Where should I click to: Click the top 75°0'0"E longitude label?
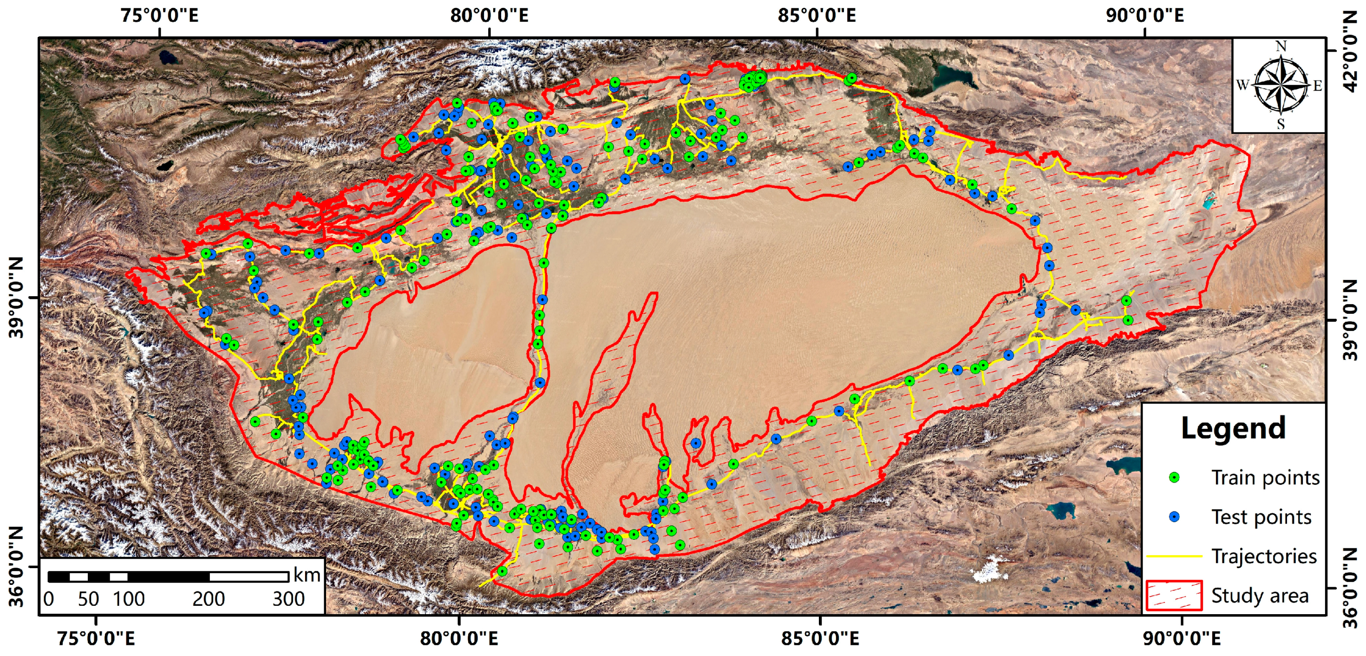tap(159, 15)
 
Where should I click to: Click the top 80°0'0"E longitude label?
tap(489, 15)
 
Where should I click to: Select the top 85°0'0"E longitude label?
tap(817, 15)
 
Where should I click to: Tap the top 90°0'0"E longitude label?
tap(1144, 15)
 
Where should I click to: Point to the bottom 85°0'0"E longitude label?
tap(820, 638)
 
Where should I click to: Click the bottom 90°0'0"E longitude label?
tap(1182, 638)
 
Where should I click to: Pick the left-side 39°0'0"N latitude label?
tap(17, 297)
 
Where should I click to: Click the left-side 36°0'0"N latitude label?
tap(17, 566)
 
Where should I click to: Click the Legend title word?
tap(1233, 428)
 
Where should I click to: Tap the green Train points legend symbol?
tap(1174, 477)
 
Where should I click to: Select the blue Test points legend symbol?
tap(1174, 517)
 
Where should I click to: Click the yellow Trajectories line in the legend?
tap(1174, 556)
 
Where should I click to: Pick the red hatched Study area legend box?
tap(1174, 595)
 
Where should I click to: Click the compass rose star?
tap(1281, 86)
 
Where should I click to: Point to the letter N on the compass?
tap(1281, 46)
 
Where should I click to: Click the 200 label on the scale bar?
tap(209, 599)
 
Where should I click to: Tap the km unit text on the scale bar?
tap(307, 575)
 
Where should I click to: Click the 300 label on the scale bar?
tap(288, 599)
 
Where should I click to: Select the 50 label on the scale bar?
tap(88, 599)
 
